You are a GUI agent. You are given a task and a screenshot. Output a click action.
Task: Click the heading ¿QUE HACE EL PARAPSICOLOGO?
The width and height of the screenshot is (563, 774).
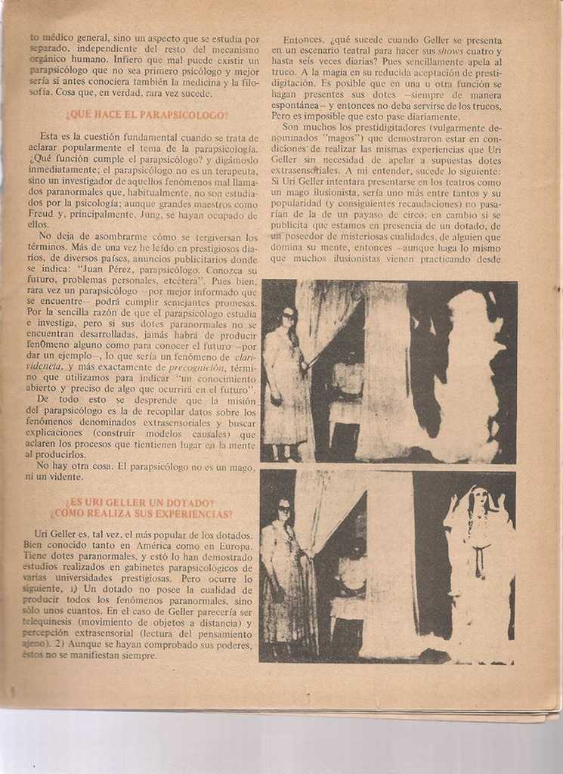coord(147,115)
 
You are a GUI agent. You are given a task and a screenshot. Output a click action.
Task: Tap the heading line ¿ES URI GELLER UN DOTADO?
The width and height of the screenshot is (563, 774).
coord(139,503)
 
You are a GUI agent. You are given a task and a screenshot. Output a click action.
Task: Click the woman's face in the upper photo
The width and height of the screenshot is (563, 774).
coord(288,316)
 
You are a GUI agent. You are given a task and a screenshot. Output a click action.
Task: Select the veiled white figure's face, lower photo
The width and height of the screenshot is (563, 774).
coord(478,500)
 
